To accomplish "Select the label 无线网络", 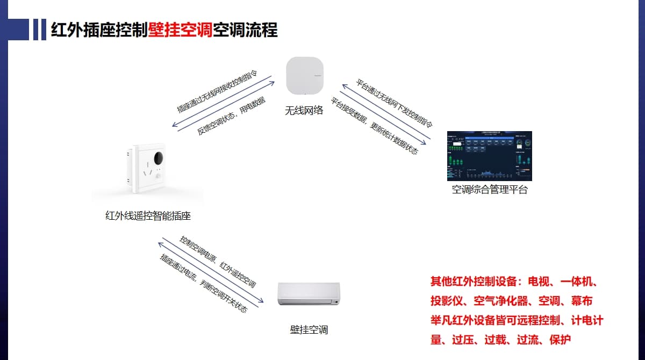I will point(304,111).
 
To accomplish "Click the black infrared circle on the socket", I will point(159,158).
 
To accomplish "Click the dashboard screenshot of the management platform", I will point(489,156).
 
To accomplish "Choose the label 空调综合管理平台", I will point(489,190).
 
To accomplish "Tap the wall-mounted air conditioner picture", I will point(309,294).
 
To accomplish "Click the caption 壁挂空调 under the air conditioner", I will point(309,329).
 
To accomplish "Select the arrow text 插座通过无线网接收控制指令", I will point(218,91).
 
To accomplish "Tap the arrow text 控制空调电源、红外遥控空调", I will point(218,262).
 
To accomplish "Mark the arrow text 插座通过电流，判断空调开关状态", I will point(204,283).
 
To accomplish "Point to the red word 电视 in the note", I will point(539,282).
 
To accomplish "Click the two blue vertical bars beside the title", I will point(39,30).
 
